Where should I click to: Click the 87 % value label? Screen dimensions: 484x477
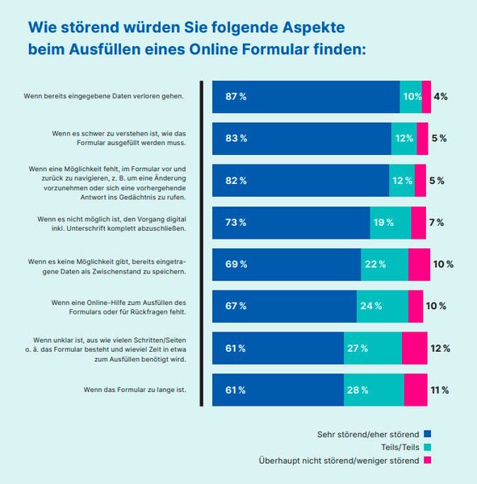point(236,97)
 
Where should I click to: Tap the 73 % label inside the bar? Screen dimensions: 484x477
point(236,223)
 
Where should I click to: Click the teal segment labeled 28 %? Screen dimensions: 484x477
point(374,390)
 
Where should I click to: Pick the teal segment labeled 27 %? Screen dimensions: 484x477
point(372,348)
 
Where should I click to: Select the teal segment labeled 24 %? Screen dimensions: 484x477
point(382,307)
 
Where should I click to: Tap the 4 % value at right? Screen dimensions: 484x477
point(441,97)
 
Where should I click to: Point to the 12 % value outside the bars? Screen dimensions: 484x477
point(441,348)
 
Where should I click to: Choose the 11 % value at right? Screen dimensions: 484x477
point(440,390)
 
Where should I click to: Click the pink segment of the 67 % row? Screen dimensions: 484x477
point(416,307)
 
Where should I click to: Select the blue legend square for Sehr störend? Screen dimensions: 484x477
point(428,434)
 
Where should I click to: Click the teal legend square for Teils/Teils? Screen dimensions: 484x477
point(428,447)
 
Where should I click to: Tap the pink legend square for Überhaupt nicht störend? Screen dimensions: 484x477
point(428,461)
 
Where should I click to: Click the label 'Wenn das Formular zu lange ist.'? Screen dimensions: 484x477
point(136,390)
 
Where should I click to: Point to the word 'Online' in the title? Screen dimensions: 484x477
point(286,48)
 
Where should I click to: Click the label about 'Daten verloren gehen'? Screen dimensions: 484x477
point(105,97)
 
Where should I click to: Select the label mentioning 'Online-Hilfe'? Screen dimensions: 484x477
point(119,307)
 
